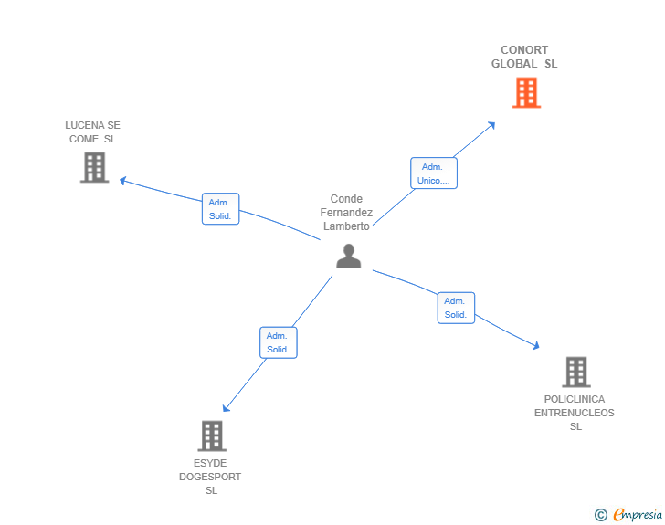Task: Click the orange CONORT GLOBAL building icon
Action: [526, 92]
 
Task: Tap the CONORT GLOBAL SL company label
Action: [524, 57]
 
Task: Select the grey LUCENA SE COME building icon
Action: [94, 167]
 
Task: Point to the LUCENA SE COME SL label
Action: [92, 132]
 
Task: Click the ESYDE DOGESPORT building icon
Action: [212, 436]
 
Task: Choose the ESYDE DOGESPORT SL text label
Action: [210, 477]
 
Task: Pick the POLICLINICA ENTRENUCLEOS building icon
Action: [575, 372]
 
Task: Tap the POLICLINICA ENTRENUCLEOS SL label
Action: [575, 413]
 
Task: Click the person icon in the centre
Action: [348, 257]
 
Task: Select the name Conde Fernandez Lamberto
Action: [346, 213]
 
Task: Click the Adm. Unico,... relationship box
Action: [433, 173]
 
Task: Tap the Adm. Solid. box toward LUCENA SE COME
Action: [220, 209]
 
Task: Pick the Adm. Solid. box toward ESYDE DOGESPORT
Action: [278, 342]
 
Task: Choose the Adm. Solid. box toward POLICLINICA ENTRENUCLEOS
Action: [456, 308]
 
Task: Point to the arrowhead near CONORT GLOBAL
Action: [492, 124]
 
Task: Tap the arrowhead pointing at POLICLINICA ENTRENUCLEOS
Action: [536, 346]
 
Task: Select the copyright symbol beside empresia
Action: [601, 516]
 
